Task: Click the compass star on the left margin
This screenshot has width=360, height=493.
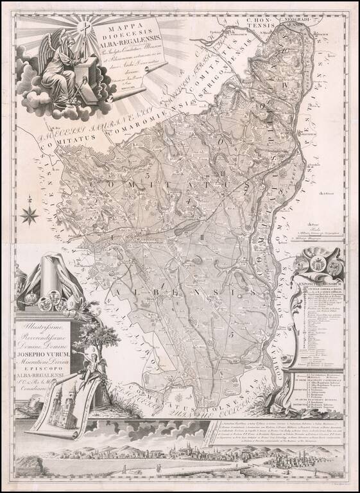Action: pos(29,214)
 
